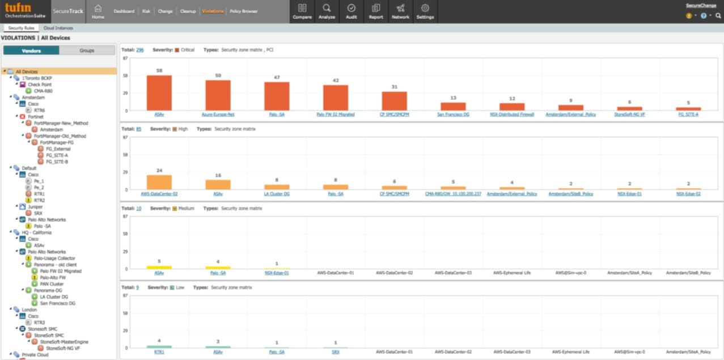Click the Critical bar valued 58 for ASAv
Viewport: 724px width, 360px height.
point(159,93)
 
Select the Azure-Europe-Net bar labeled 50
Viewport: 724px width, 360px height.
point(218,95)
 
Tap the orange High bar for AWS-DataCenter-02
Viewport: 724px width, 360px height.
point(159,182)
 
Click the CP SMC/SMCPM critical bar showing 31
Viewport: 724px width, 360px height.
point(394,101)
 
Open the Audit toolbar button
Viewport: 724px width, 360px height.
point(351,11)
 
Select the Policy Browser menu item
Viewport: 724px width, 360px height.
point(243,11)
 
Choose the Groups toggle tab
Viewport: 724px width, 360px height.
point(87,50)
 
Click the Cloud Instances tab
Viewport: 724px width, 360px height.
point(58,28)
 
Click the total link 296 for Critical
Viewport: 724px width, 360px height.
point(139,50)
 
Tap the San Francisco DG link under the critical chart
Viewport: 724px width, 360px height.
point(453,115)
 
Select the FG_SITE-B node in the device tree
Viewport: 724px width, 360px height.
point(57,162)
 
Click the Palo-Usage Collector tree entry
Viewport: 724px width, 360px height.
point(54,258)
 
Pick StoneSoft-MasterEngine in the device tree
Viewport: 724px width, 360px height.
point(63,342)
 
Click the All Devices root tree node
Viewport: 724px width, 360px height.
point(27,71)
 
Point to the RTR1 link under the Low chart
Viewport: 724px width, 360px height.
point(159,352)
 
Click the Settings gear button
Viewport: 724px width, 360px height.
point(425,11)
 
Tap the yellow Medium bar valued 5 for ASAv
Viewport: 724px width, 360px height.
point(159,267)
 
